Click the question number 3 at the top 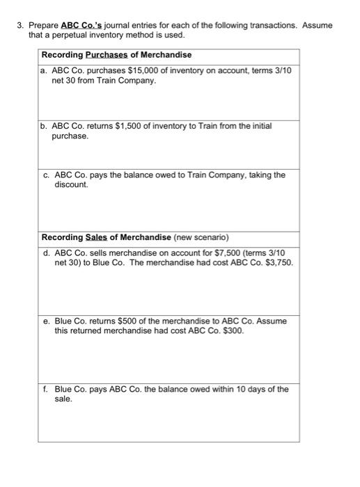point(20,26)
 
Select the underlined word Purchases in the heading point(107,55)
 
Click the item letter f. point(44,389)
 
